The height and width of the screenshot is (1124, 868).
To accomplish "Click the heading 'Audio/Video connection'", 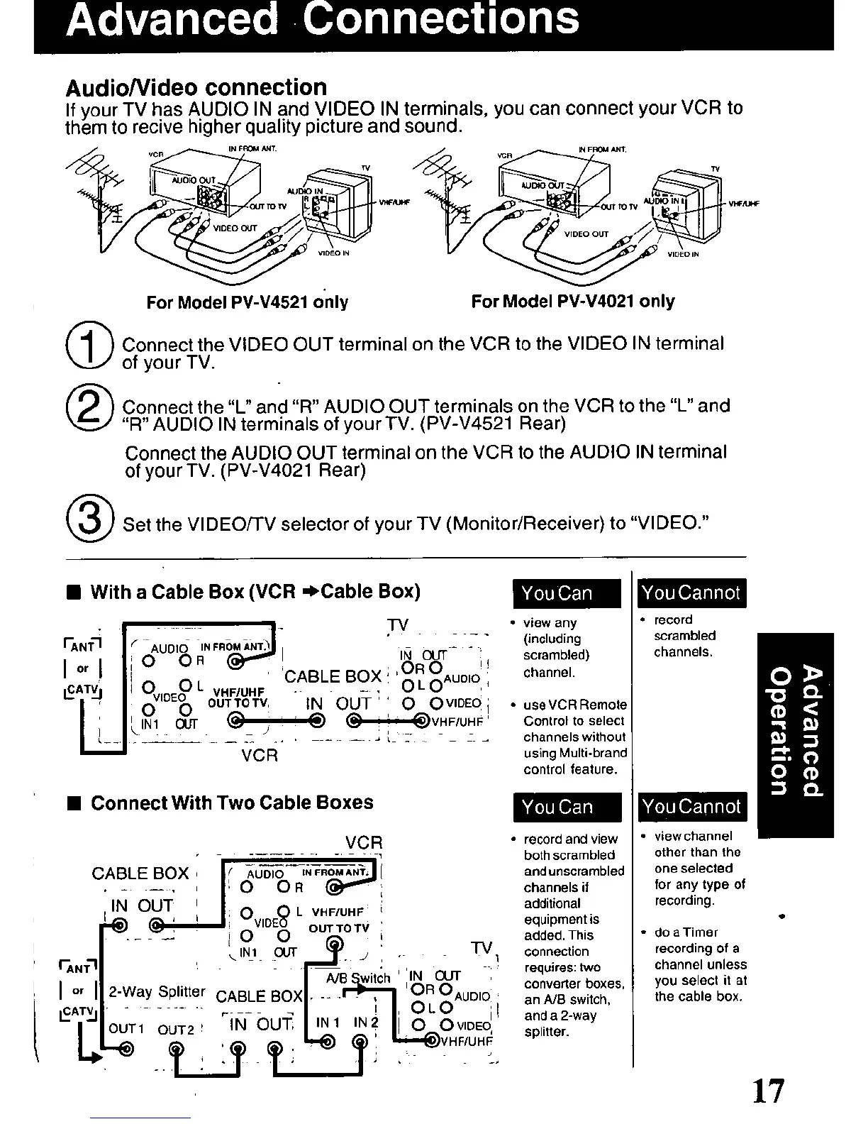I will coord(196,88).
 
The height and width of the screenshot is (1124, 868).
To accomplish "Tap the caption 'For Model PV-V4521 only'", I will coord(247,302).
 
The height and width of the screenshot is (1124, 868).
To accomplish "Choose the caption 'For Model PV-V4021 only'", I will coord(572,302).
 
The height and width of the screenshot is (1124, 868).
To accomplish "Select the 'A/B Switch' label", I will coord(358,978).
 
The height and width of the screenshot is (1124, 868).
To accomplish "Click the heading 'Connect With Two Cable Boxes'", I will coord(232,803).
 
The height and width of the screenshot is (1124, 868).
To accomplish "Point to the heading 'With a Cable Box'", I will coord(255,592).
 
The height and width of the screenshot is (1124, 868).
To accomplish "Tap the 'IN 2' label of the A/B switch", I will coord(365,1023).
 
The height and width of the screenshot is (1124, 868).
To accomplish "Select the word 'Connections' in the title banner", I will coord(440,20).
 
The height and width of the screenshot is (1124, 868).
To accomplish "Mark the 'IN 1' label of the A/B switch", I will coord(328,1023).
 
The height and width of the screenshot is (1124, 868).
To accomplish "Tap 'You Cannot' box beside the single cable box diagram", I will coord(691,593).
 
